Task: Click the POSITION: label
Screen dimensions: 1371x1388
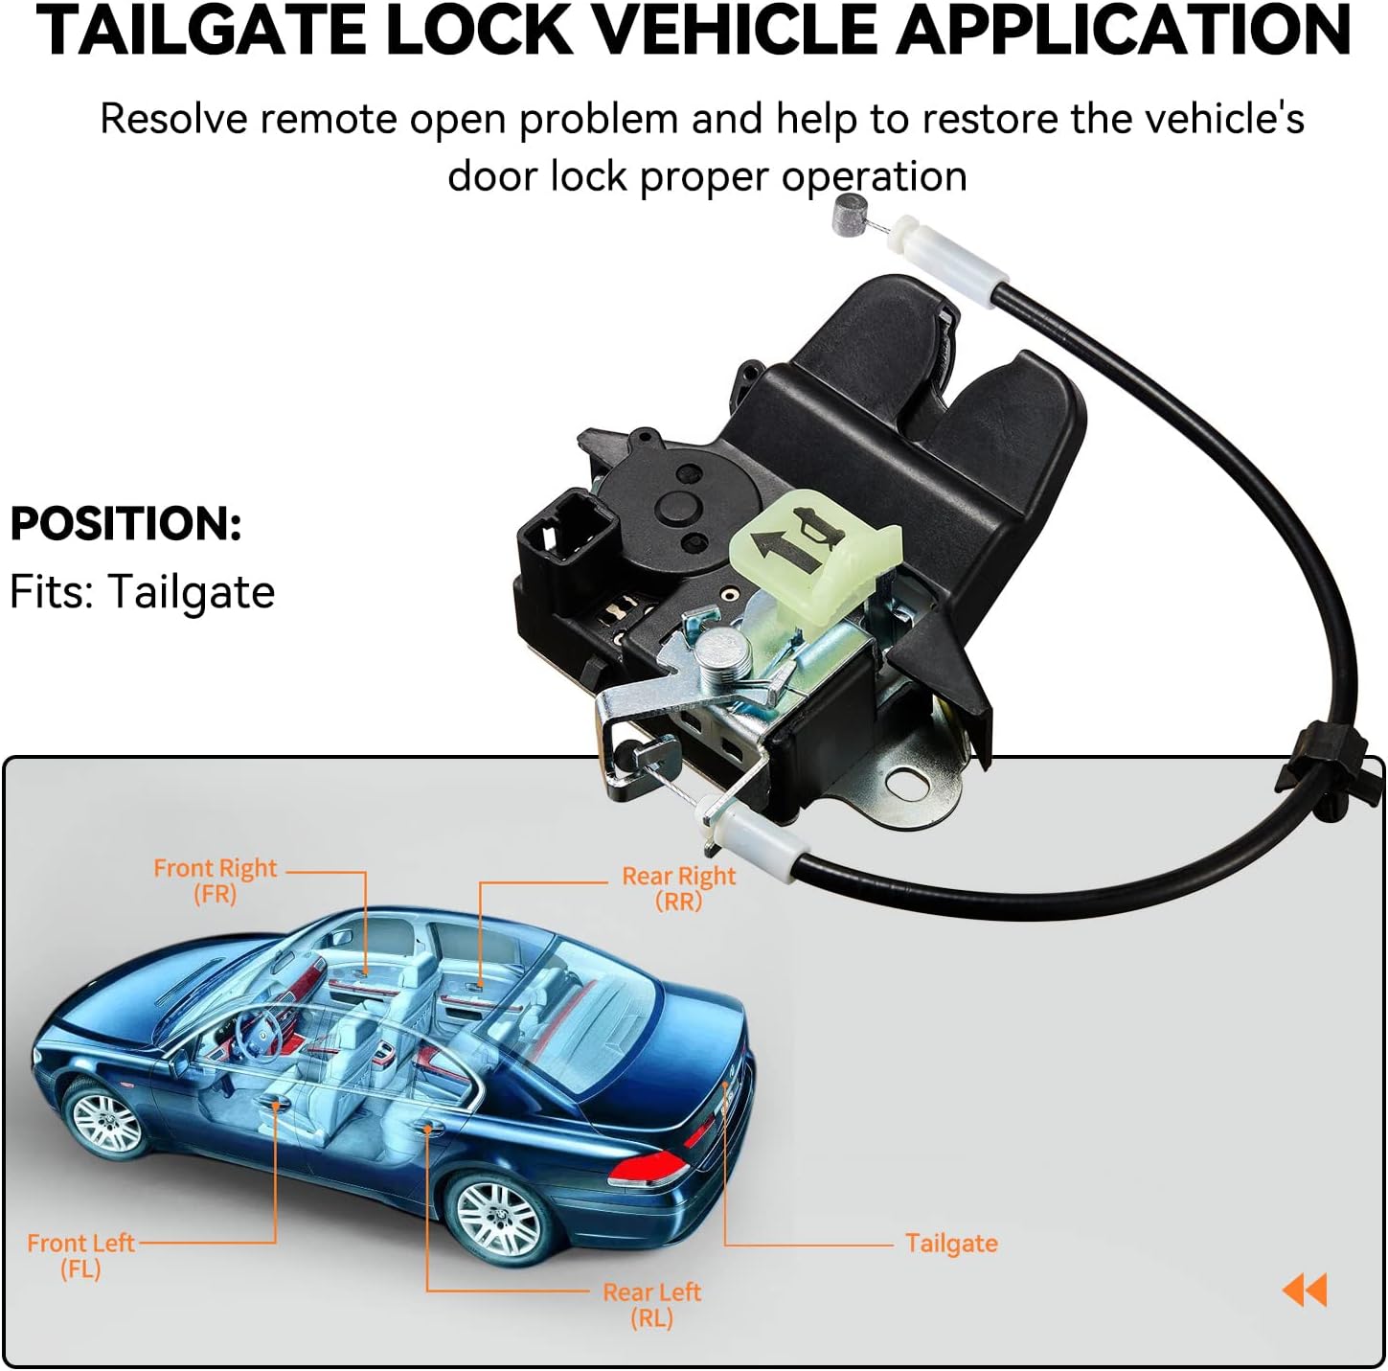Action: click(x=125, y=524)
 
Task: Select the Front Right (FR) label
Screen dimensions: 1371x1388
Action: click(x=215, y=880)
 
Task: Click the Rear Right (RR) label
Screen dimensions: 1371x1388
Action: click(x=678, y=887)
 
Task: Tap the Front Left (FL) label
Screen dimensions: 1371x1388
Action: click(x=80, y=1255)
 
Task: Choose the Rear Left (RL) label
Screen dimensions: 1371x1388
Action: click(x=651, y=1304)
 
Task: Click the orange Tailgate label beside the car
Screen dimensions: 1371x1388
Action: click(x=951, y=1243)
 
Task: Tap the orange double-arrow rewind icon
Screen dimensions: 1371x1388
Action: click(x=1305, y=1290)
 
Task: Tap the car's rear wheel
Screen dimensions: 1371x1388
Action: click(x=498, y=1216)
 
